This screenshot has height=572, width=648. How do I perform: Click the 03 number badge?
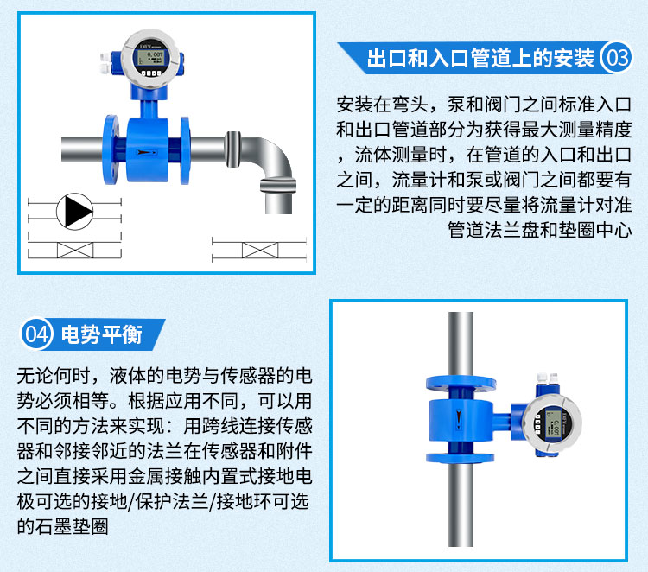616,57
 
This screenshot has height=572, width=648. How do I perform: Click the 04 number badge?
37,334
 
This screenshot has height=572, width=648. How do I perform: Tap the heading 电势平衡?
102,334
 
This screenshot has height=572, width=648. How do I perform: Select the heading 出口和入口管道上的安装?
480,57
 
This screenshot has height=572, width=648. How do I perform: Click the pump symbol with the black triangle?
75,211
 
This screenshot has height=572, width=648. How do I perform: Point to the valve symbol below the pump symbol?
75,250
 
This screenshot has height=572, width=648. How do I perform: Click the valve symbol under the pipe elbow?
260,250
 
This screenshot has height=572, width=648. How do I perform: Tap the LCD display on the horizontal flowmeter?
151,58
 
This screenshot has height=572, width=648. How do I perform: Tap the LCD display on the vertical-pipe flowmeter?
553,423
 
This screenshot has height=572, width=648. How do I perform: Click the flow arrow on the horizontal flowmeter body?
147,152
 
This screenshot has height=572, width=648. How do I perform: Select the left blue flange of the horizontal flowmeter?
111,149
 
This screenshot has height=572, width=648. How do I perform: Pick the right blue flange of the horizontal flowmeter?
185,150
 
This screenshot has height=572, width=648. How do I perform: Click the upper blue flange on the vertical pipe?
461,383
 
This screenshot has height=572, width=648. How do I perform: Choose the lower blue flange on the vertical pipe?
460,457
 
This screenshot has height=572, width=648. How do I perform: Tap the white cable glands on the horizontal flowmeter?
105,63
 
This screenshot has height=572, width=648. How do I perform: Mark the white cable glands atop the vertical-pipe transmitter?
548,378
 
